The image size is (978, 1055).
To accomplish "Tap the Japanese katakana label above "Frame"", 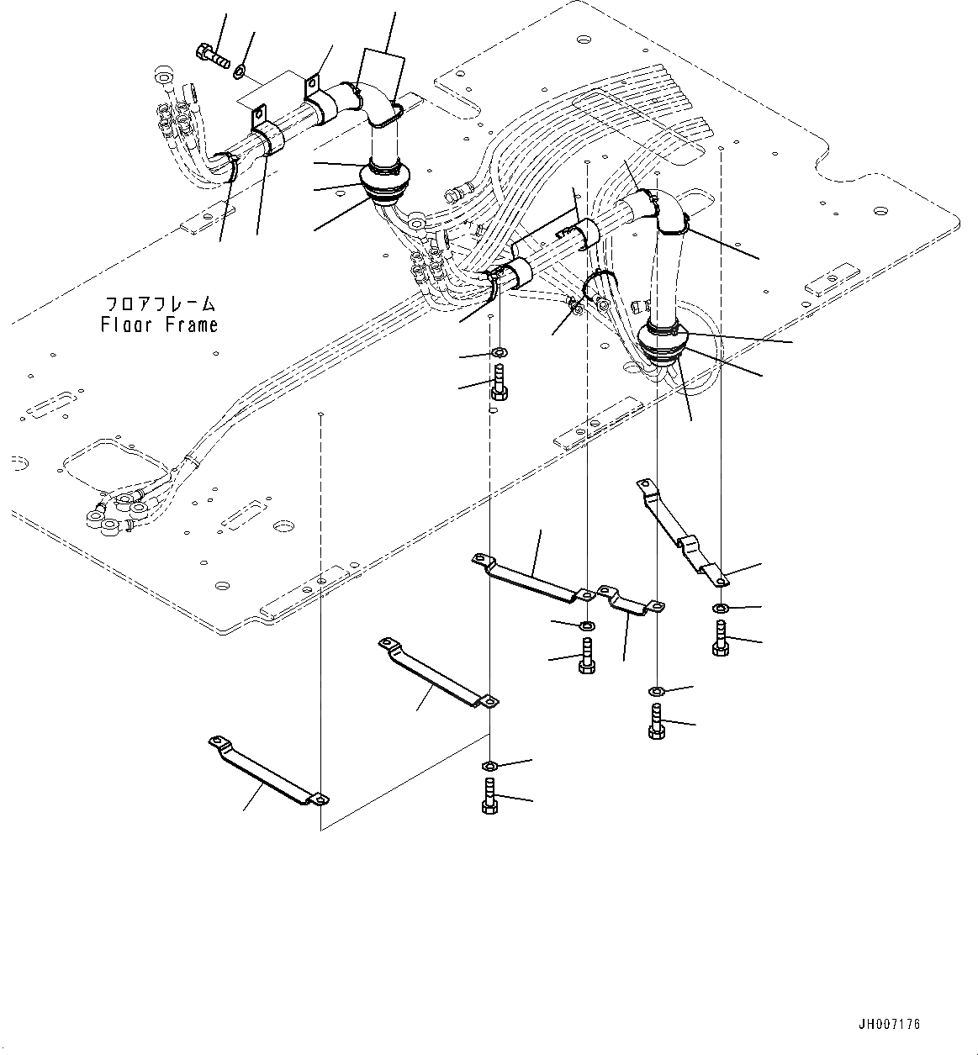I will click(x=160, y=303).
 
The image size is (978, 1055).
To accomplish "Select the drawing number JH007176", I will click(x=890, y=1024).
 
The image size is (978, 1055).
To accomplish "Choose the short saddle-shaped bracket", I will click(x=630, y=601).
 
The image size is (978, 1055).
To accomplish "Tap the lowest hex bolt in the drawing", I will click(x=489, y=795).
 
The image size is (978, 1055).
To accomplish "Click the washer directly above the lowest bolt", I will click(x=489, y=765).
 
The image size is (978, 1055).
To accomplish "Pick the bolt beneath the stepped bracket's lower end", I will click(x=720, y=639).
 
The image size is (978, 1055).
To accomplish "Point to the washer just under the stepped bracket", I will click(x=721, y=608).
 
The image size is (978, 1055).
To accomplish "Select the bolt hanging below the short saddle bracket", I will click(x=657, y=722).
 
